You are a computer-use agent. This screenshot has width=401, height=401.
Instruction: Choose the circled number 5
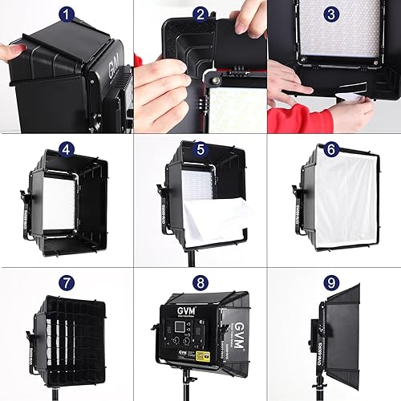(x=201, y=150)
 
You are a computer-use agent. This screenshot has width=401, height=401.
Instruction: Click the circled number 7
(x=67, y=283)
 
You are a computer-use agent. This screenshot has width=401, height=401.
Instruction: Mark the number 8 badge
(x=200, y=283)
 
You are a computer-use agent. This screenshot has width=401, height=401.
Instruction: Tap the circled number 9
(x=331, y=283)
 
